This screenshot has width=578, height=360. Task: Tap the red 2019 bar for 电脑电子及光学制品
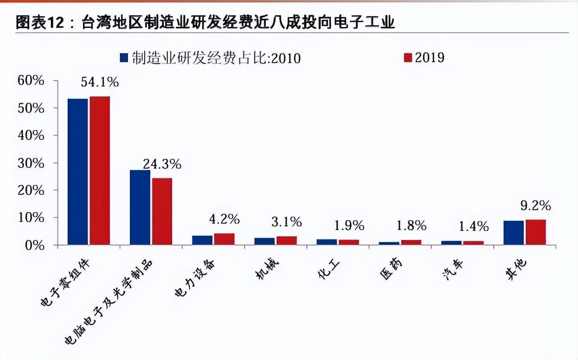coord(162,211)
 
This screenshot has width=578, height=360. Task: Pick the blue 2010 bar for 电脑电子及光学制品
coord(140,208)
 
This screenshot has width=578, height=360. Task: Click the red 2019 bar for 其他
coord(536,232)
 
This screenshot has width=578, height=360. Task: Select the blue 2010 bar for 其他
coord(514,233)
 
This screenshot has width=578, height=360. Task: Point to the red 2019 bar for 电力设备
coord(224,239)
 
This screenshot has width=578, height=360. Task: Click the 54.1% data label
coord(100,82)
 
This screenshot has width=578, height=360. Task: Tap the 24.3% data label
coord(162,164)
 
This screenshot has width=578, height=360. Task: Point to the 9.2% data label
coord(535,206)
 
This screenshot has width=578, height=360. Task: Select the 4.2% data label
coord(224,220)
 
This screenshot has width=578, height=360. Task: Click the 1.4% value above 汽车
coord(473,225)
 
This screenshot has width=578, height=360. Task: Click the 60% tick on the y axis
coord(32,81)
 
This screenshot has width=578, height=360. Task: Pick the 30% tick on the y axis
coord(32,163)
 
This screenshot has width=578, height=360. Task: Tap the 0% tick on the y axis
coord(35,245)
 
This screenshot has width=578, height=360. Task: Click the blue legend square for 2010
coord(124,58)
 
